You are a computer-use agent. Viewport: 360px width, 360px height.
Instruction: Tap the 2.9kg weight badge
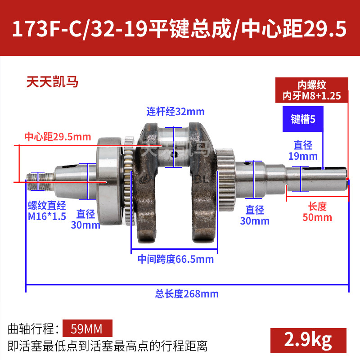(x=308, y=340)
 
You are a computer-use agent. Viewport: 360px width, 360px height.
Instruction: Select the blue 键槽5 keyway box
(x=303, y=119)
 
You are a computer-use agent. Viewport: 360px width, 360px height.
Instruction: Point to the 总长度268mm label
(x=187, y=294)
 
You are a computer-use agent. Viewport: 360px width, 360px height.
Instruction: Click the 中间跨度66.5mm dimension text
(x=175, y=259)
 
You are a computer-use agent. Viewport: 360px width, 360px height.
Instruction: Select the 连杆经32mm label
(x=175, y=112)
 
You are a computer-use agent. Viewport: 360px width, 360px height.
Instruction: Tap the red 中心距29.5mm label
(x=58, y=137)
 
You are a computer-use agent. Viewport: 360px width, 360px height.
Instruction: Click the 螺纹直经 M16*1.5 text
(x=47, y=211)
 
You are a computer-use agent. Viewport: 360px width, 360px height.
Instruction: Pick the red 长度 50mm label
(x=317, y=212)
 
